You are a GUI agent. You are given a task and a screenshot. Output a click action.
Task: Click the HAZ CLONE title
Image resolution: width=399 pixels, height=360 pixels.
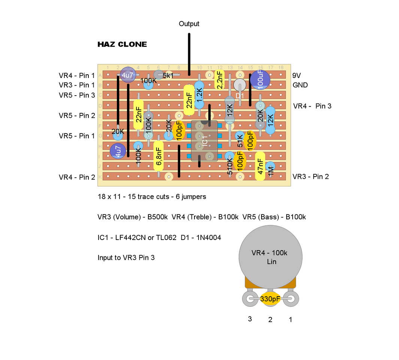coord(122,44)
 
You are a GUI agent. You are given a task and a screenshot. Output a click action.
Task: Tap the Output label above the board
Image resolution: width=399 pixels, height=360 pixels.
coord(189,24)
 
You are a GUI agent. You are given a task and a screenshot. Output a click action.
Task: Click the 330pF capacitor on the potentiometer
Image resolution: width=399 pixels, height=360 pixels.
coord(270,299)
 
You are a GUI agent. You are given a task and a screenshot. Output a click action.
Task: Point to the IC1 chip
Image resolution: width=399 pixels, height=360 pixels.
coord(205,141)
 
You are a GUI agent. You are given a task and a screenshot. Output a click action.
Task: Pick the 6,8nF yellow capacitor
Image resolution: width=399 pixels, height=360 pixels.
coord(159,156)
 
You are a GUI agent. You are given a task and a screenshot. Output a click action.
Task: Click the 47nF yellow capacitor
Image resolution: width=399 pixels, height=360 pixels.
coord(260,166)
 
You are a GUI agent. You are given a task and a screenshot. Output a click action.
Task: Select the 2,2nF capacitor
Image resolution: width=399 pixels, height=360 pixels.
coord(220,80)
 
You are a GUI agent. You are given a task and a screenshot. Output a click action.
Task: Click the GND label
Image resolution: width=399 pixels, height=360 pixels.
coord(300,85)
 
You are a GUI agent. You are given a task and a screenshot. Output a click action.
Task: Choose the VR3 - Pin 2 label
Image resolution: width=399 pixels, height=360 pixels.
coord(311,176)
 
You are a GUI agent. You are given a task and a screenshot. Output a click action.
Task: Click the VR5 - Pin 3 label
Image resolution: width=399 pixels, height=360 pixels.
coord(77,95)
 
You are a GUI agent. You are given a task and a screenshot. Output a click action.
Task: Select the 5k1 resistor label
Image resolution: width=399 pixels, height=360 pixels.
coord(168,75)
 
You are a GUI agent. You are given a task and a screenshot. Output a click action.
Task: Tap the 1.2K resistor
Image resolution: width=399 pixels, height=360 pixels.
coord(199,96)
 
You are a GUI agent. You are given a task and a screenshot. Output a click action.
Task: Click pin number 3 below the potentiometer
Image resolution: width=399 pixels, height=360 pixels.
coord(250,319)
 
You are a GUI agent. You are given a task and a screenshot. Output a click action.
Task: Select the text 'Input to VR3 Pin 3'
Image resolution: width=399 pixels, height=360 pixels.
coord(126,258)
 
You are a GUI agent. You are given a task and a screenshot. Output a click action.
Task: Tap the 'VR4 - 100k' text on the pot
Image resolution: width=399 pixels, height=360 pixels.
coord(269,253)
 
